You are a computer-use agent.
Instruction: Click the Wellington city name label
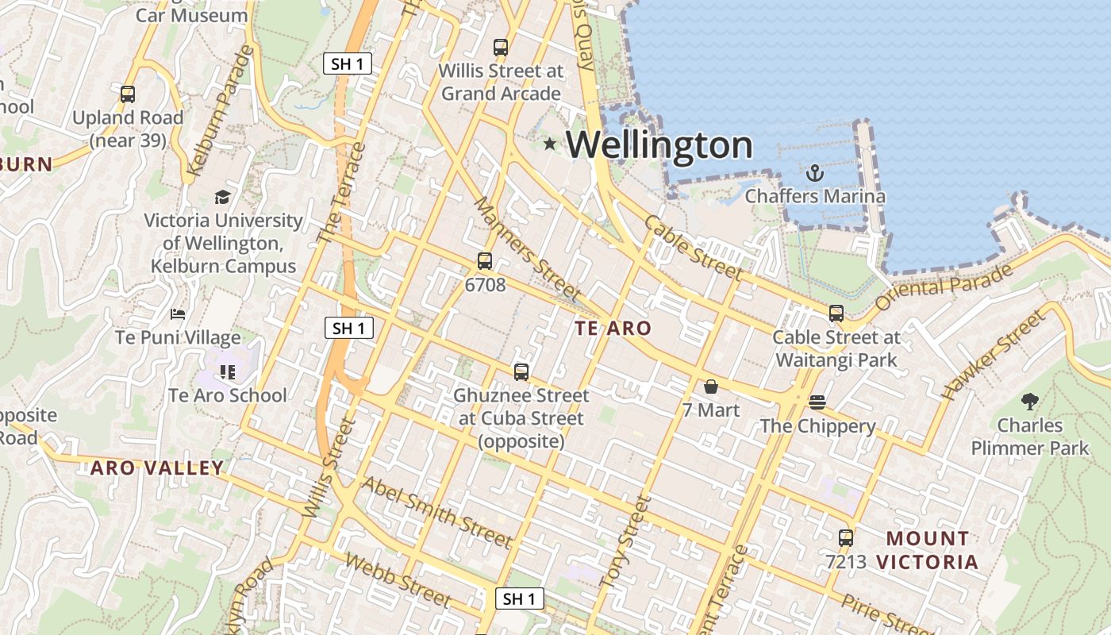(x=659, y=145)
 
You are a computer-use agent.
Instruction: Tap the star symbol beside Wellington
(x=549, y=144)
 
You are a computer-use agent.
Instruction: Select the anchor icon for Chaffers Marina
(x=814, y=172)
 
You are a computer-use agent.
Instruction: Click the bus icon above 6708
(x=484, y=260)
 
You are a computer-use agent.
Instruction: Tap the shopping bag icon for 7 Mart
(x=710, y=387)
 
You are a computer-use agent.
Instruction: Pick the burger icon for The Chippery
(x=817, y=402)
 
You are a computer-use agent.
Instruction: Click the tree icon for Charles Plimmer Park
(x=1030, y=401)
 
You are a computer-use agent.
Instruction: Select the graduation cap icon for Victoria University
(x=222, y=197)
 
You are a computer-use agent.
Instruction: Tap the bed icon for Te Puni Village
(x=178, y=314)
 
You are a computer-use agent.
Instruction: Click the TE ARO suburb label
(x=613, y=328)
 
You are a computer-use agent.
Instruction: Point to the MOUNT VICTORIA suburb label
(x=927, y=550)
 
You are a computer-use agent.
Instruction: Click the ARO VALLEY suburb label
(x=157, y=468)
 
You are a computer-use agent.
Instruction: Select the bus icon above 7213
(x=845, y=538)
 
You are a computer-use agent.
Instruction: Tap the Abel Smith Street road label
(x=436, y=512)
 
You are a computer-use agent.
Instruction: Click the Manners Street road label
(x=528, y=248)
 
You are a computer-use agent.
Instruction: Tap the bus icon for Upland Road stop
(x=128, y=94)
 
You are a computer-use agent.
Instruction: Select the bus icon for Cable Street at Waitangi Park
(x=836, y=314)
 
